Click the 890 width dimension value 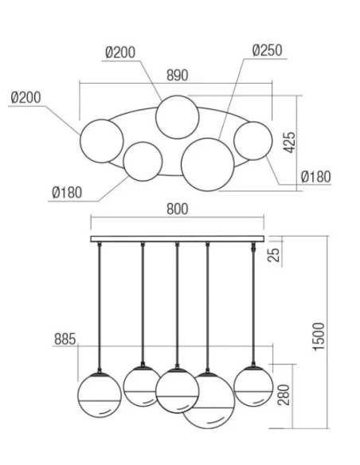click(177, 76)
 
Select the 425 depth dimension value click(290, 143)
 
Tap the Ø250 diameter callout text click(267, 51)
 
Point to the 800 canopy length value click(178, 209)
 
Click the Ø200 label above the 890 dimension click(120, 53)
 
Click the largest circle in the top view click(205, 162)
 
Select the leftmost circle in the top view click(102, 140)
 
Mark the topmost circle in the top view click(177, 117)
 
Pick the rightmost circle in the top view click(253, 142)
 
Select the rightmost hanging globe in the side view click(253, 384)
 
